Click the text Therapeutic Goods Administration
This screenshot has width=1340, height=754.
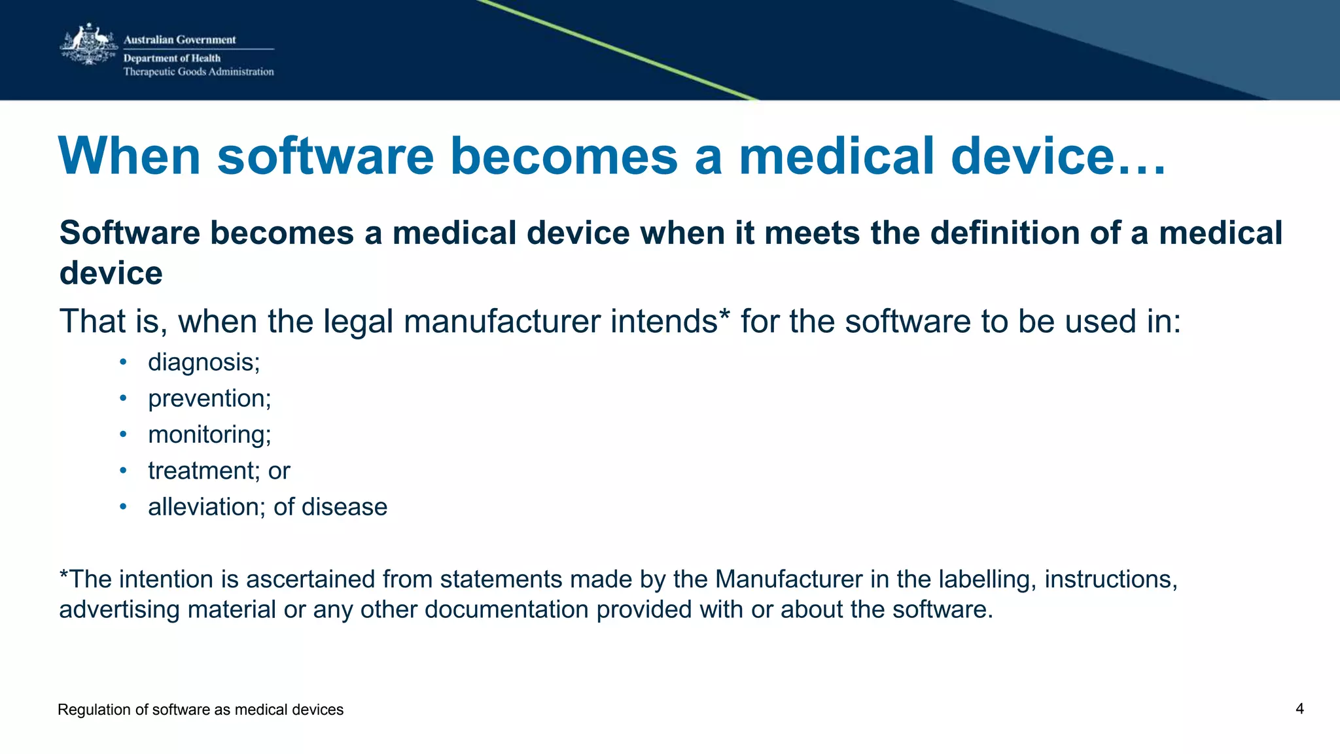198,72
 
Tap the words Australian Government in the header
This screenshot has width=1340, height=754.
179,40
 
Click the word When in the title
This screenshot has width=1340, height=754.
129,156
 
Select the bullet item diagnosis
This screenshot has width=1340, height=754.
203,362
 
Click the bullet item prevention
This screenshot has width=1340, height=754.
209,399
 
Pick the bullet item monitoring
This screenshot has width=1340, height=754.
209,435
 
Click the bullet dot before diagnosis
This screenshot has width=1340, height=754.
123,362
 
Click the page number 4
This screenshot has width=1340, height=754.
1299,709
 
